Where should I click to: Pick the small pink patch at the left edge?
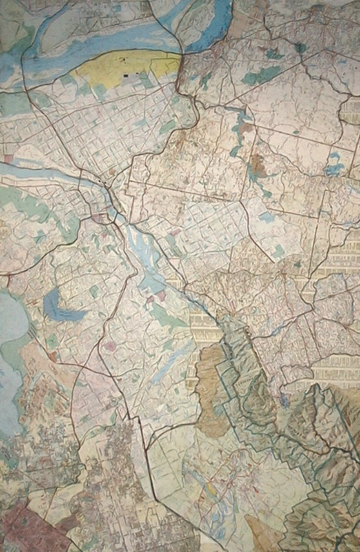(x=8, y=159)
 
